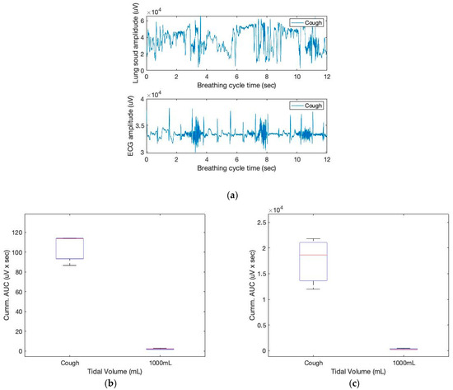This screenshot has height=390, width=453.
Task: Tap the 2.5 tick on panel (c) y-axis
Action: click(x=264, y=223)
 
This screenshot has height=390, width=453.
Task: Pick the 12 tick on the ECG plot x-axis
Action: click(x=326, y=162)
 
